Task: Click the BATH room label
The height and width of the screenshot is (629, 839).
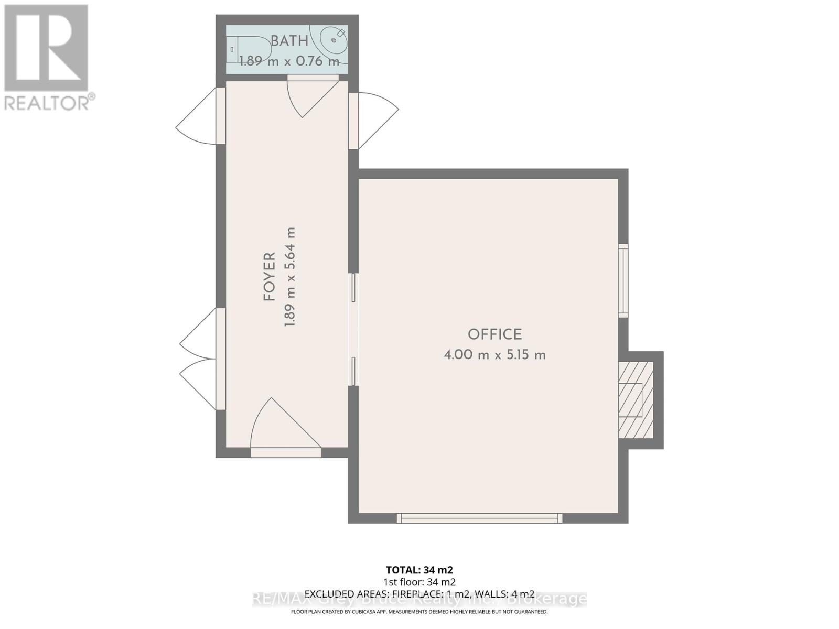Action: tap(289, 41)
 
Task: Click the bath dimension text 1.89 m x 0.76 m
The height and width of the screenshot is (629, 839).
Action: tap(289, 61)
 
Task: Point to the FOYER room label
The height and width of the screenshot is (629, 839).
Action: tap(270, 277)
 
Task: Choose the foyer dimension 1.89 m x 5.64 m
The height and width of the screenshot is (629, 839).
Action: tap(290, 277)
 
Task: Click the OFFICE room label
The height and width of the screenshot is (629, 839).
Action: tap(494, 334)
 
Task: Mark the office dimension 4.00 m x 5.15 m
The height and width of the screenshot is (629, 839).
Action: tap(494, 355)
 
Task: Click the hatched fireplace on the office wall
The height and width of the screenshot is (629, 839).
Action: tap(636, 399)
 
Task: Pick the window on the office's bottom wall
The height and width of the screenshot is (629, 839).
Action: tap(479, 518)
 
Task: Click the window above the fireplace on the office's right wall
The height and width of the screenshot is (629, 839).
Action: tap(623, 280)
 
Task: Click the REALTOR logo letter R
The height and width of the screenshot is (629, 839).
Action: tap(46, 48)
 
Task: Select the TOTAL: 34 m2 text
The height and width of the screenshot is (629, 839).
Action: tap(419, 570)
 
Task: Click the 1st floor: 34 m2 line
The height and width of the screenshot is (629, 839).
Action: tap(419, 582)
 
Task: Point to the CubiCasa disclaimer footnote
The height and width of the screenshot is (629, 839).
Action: tap(419, 612)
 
